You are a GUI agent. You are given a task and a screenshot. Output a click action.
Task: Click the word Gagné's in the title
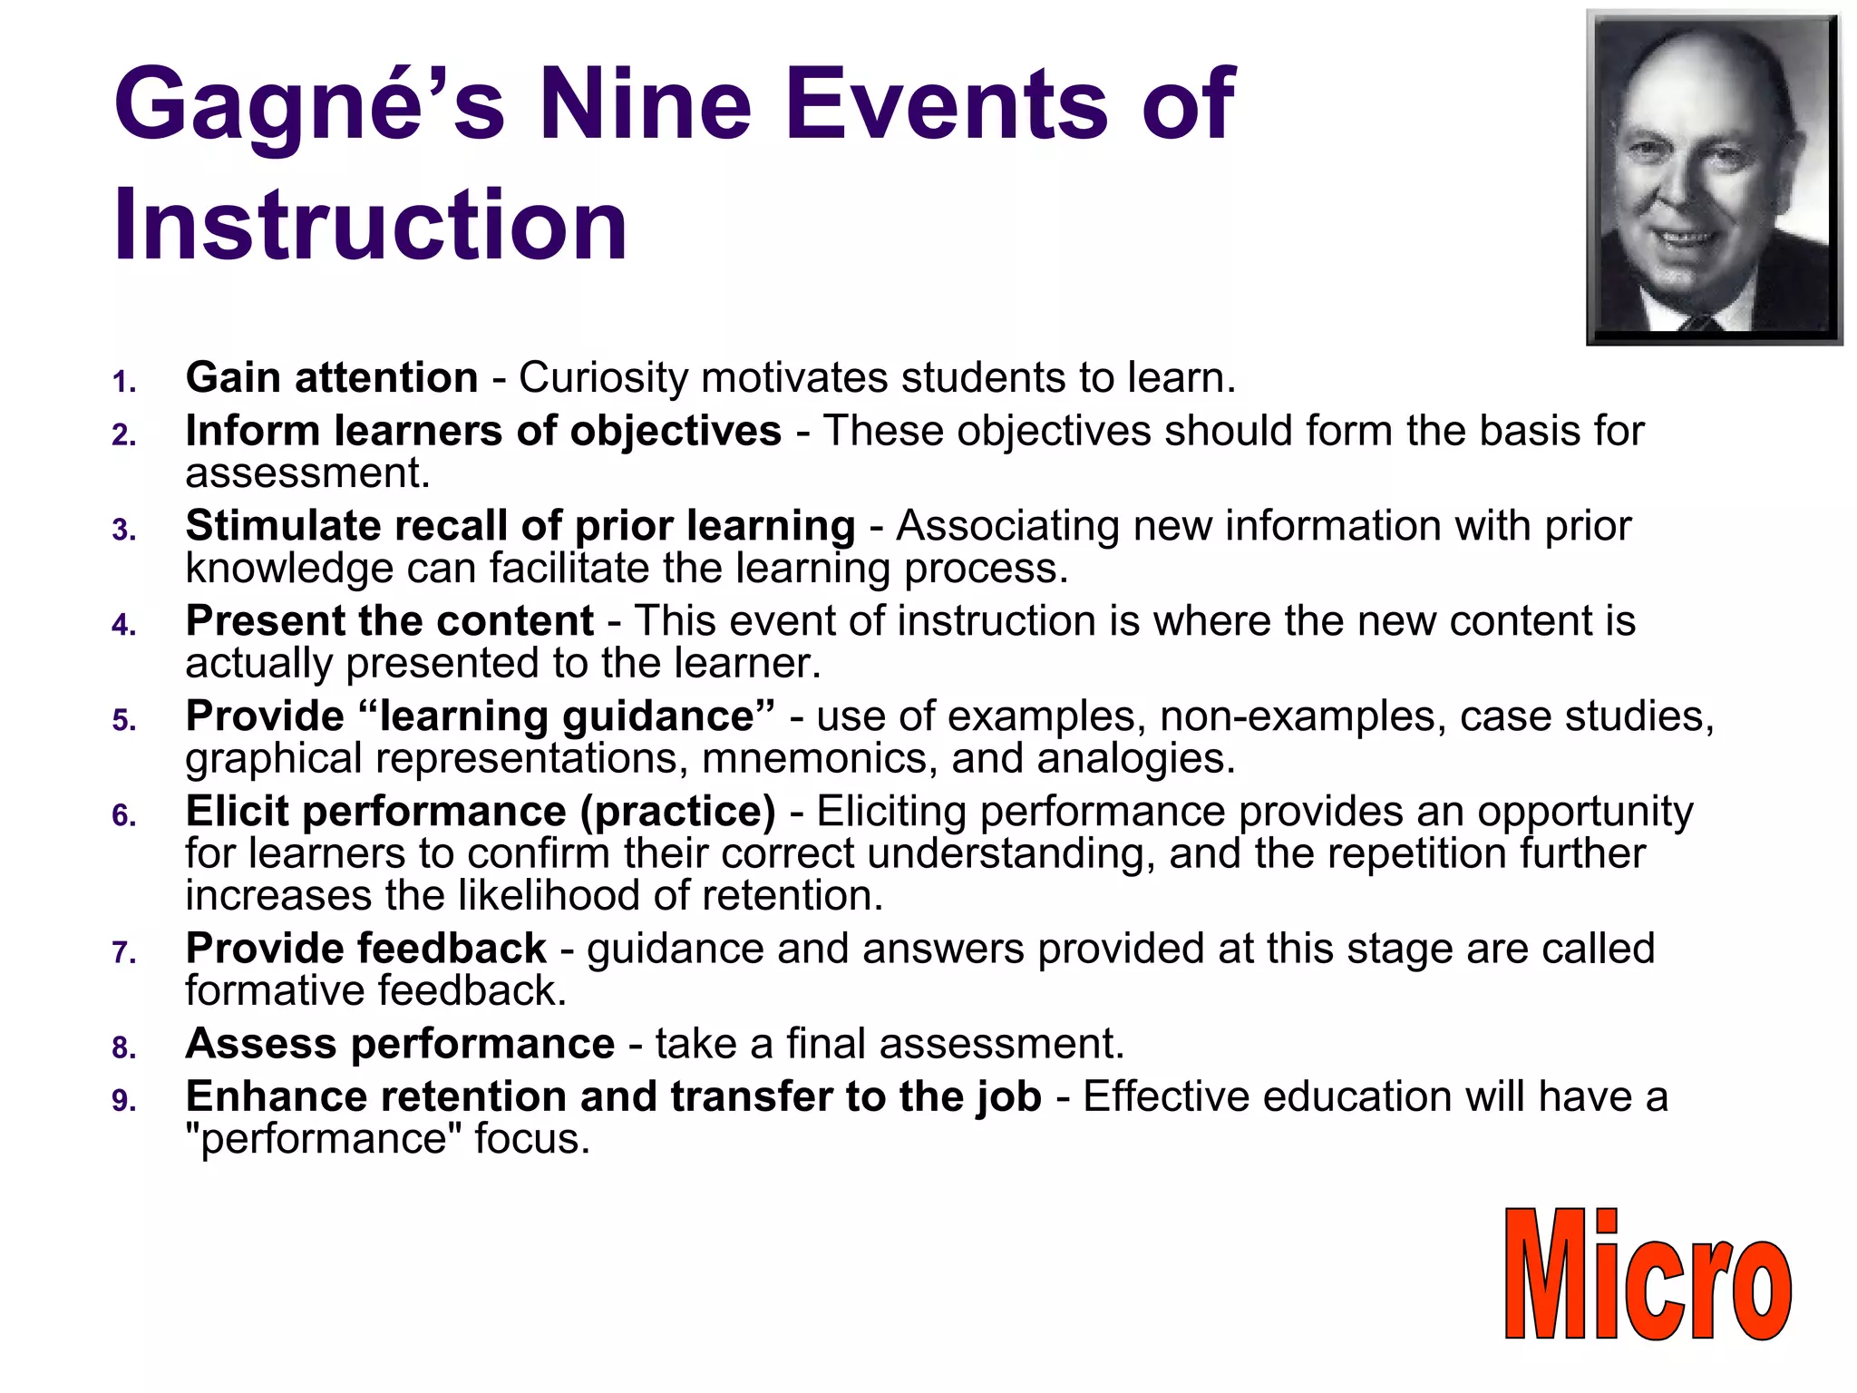pyautogui.click(x=308, y=104)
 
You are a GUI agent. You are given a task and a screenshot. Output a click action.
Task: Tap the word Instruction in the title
pyautogui.click(x=370, y=224)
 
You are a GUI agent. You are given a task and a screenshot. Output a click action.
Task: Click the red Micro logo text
pyautogui.click(x=1647, y=1274)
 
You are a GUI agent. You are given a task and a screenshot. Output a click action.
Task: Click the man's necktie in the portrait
pyautogui.click(x=1697, y=322)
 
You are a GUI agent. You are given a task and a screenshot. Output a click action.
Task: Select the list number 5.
pyautogui.click(x=124, y=721)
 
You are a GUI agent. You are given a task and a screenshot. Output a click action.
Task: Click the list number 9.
pyautogui.click(x=124, y=1101)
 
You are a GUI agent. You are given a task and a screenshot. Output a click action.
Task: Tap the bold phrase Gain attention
pyautogui.click(x=332, y=378)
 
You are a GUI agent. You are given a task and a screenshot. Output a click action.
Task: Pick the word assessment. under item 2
pyautogui.click(x=307, y=473)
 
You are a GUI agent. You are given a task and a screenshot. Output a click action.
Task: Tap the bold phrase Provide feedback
pyautogui.click(x=365, y=949)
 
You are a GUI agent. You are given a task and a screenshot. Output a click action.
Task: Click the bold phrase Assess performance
pyautogui.click(x=400, y=1044)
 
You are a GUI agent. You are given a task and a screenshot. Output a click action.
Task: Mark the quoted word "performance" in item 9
pyautogui.click(x=324, y=1139)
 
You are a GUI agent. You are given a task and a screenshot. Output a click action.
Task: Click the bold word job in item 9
pyautogui.click(x=1008, y=1097)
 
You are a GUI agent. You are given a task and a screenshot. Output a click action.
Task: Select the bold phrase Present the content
pyautogui.click(x=390, y=621)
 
